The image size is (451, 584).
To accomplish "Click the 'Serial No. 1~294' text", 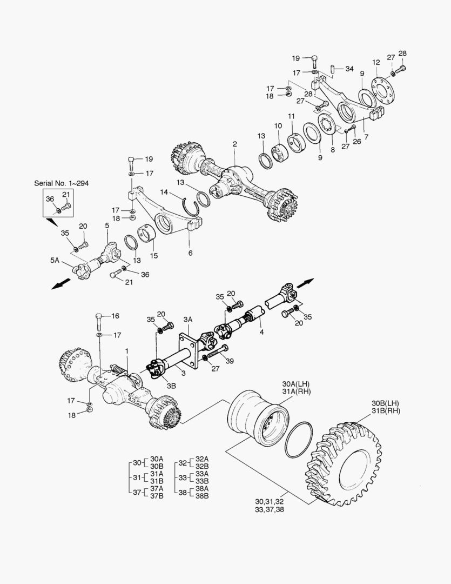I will coord(61,183).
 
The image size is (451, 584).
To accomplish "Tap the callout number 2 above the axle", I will coord(235,144).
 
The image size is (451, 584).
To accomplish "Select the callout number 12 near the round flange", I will coord(375,63).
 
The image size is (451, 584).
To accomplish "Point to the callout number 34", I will coord(349,69).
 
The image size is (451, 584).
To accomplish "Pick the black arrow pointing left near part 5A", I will coord(61,284).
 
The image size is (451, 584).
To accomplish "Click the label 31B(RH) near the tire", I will coord(386,411).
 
